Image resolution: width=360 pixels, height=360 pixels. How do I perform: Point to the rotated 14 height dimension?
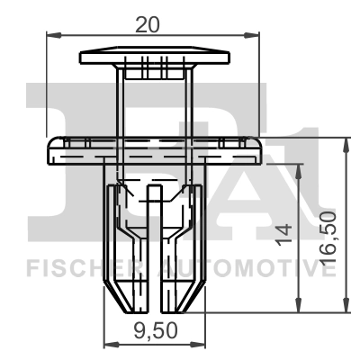tap(284, 237)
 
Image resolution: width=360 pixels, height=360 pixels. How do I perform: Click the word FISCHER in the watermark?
tap(76, 267)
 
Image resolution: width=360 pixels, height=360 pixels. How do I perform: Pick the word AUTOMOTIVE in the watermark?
tap(239, 267)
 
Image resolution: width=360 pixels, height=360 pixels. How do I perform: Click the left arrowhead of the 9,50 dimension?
tap(109, 343)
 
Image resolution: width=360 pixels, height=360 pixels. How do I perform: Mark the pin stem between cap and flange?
tap(152, 103)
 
